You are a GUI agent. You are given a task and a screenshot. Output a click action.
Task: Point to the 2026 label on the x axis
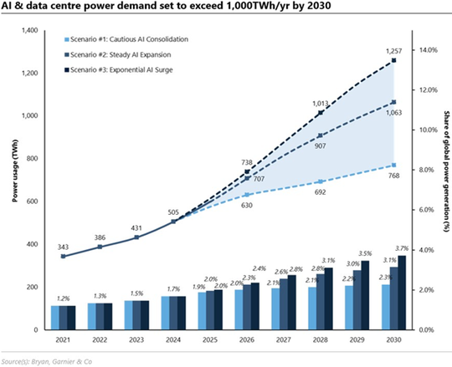point(249,341)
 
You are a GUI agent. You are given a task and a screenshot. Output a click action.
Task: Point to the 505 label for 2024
point(174,212)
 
